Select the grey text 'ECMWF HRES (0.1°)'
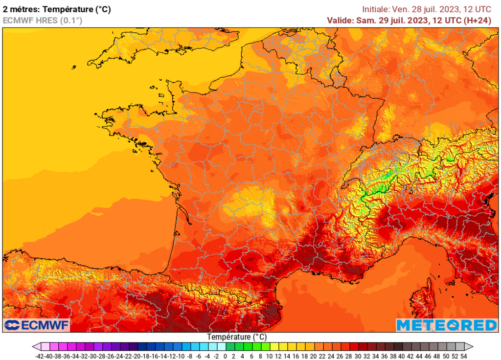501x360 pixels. [x=43, y=20]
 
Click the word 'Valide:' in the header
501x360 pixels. [x=341, y=20]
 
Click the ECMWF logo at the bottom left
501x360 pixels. [x=37, y=325]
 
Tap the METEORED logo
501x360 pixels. [x=446, y=325]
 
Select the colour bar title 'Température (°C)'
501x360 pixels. [x=237, y=337]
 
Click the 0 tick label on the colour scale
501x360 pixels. [x=226, y=356]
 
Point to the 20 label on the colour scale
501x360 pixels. [x=313, y=356]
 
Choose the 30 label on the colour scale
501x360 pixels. [x=357, y=356]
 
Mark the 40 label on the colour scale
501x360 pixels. [x=401, y=356]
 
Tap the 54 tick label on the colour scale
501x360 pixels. [x=463, y=356]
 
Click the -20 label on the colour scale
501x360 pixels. [x=137, y=356]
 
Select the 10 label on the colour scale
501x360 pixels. [x=269, y=356]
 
